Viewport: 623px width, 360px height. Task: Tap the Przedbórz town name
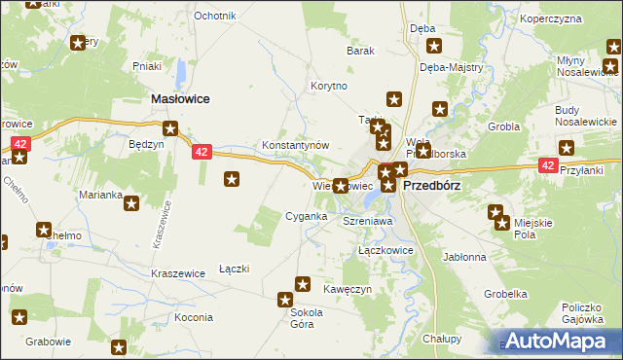click(431, 185)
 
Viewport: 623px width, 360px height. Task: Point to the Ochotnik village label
click(215, 17)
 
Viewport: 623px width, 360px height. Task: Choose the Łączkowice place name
click(386, 250)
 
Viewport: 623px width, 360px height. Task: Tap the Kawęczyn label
click(348, 287)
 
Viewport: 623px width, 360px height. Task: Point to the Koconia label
click(194, 318)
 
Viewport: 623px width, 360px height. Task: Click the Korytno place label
click(329, 86)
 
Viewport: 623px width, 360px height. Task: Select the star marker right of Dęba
click(434, 45)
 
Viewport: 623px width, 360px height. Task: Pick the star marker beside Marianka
click(131, 202)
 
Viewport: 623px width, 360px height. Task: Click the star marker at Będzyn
click(170, 127)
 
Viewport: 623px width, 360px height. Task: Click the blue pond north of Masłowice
click(182, 72)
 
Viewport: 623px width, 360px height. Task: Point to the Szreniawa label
click(367, 222)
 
